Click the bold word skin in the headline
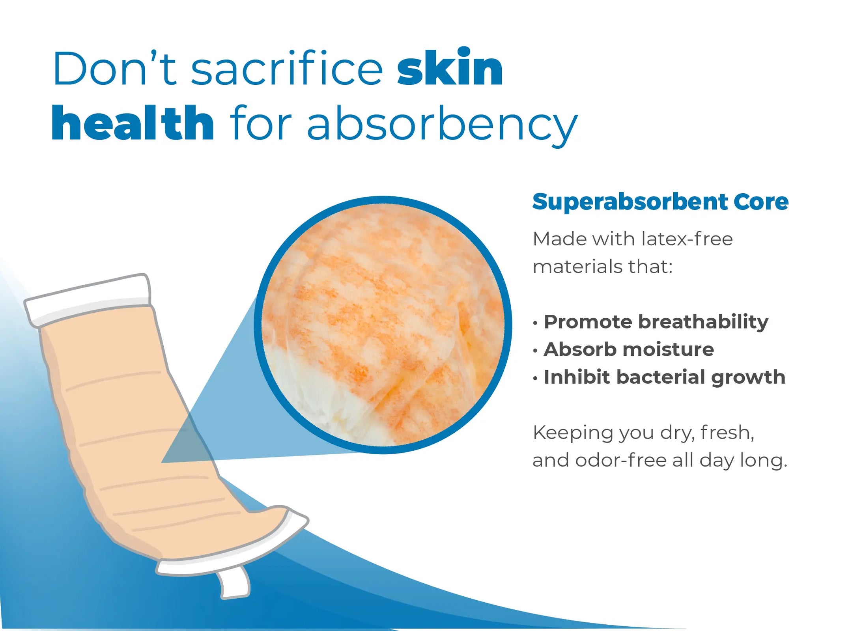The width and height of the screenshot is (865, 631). coord(450,67)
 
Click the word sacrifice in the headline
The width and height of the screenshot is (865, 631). coord(287,68)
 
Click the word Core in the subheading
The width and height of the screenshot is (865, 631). coord(761,202)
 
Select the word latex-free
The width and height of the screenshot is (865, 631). coord(687,239)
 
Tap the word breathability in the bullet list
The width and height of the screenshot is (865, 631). coord(703,322)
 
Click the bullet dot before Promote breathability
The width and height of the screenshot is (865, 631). coord(535,323)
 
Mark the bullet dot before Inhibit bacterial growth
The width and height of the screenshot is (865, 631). coord(535,379)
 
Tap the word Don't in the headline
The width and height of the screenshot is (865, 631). coord(115,68)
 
